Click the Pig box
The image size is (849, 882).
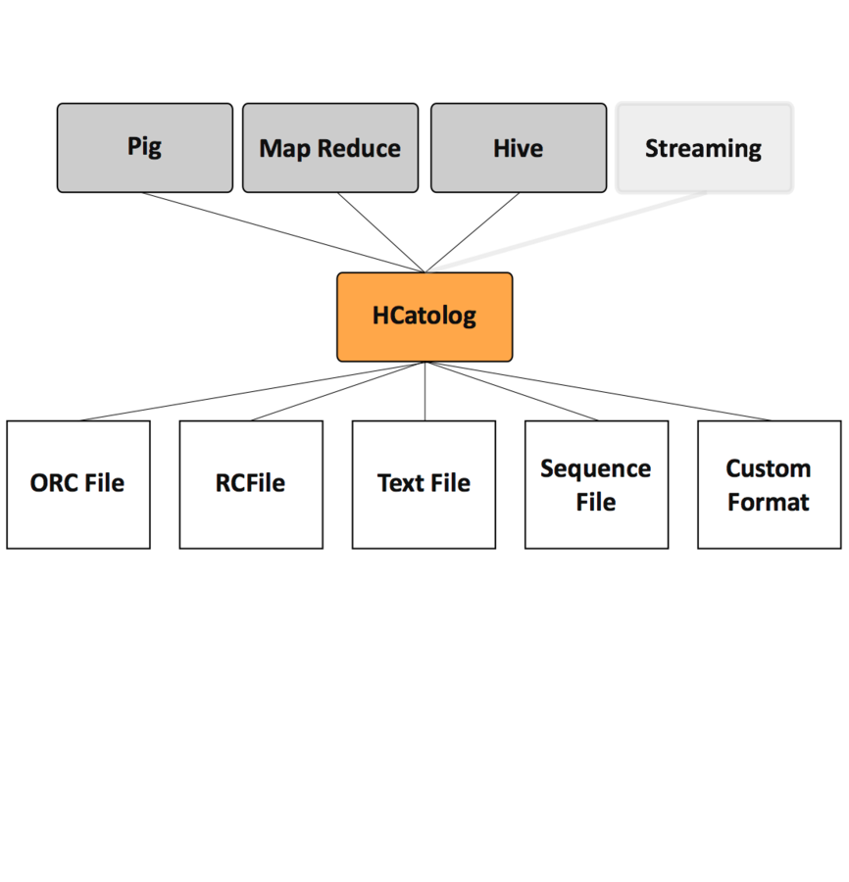pos(144,147)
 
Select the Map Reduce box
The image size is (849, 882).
pos(329,148)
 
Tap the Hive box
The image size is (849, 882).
pos(518,148)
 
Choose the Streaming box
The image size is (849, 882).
pos(704,147)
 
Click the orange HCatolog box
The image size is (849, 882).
pos(424,317)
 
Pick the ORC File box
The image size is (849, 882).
pos(78,484)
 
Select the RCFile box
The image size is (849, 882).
pos(251,484)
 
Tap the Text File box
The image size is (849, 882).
pos(424,484)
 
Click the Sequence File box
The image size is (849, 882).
pos(596,484)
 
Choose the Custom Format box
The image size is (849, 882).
pos(769,484)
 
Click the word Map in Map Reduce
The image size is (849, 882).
pos(281,149)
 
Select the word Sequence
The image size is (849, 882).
pos(595,468)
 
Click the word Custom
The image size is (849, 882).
pos(768,468)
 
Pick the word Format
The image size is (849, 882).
pos(768,502)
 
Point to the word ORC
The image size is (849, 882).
pos(53,483)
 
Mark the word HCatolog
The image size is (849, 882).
pos(424,316)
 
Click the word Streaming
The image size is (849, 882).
pos(703,149)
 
